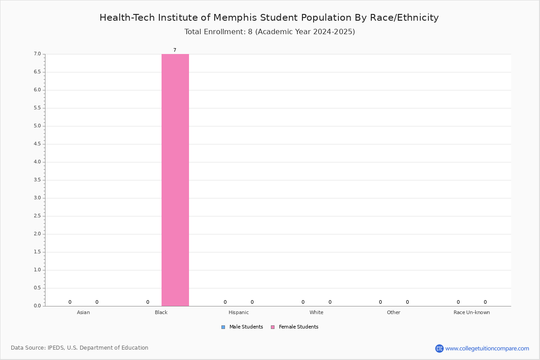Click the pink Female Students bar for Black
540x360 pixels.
[175, 180]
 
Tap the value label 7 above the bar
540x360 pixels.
[175, 50]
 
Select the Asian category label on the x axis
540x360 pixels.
[83, 312]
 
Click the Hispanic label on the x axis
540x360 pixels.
[238, 312]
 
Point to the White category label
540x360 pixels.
[316, 312]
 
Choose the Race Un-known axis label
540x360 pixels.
[472, 312]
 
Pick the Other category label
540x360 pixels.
[393, 312]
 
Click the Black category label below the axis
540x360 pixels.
[161, 312]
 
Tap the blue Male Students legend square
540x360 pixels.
[223, 327]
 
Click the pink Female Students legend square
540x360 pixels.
[273, 327]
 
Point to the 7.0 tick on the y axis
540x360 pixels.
[37, 54]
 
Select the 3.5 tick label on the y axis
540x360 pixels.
[37, 180]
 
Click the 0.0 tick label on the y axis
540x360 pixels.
[37, 306]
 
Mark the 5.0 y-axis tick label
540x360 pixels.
[37, 126]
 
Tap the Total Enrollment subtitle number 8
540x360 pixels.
[250, 31]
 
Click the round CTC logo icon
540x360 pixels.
[439, 348]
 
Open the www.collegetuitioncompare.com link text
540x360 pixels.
[487, 348]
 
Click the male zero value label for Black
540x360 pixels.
[148, 302]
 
